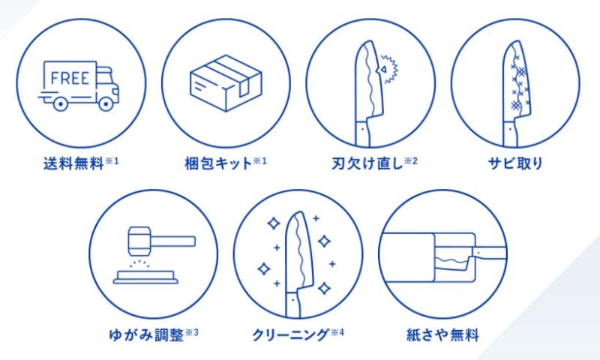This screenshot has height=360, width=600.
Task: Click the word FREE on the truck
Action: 70,78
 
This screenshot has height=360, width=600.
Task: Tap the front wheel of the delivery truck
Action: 106,103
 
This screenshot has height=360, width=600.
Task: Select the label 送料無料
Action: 73,163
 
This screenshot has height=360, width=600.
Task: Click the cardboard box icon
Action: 226,83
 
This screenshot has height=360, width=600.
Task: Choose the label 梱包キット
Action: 218,163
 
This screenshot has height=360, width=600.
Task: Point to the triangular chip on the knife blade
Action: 382,70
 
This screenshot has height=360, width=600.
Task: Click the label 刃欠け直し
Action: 367,163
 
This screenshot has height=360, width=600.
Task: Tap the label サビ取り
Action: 515,163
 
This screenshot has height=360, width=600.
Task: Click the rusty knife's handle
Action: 510,134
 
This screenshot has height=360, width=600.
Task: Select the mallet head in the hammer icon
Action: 139,241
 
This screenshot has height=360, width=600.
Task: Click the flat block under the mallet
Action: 145,277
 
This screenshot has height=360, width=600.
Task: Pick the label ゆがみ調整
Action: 146,335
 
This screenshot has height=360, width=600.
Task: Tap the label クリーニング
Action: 290,335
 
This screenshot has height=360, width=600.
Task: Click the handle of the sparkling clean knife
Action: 293,305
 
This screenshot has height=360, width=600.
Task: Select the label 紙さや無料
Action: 442,335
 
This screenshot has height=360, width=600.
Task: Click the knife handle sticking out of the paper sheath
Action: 490,253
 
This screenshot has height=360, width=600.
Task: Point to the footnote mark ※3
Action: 192,332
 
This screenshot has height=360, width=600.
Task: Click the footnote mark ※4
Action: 337,332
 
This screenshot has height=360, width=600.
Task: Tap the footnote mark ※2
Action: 411,161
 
